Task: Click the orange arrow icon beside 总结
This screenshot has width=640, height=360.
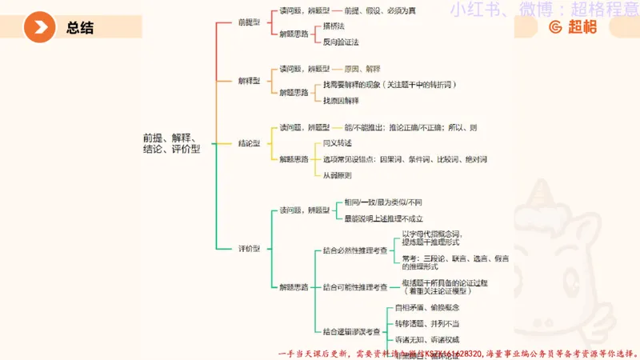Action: coord(39,28)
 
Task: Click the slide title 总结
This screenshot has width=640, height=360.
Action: coord(80,28)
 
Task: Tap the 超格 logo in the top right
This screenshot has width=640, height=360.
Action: coord(573,27)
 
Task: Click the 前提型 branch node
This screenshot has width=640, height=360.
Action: coord(250,22)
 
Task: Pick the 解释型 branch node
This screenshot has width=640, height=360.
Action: coord(250,81)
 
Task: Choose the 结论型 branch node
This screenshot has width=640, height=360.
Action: coord(250,143)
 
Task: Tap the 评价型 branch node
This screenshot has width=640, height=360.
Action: coord(250,248)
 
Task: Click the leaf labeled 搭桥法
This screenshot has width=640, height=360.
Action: coord(334,26)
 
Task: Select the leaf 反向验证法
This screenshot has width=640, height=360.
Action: coord(341,42)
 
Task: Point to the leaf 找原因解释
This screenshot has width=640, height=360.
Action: coord(341,101)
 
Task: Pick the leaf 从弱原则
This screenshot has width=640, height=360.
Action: coord(338,175)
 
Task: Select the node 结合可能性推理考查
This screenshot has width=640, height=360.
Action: coord(356,286)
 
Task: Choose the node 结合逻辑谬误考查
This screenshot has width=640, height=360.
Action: coord(353,331)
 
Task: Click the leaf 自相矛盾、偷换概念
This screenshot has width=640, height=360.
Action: coord(427,308)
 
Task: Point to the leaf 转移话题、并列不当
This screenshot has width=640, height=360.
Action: coord(427,323)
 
